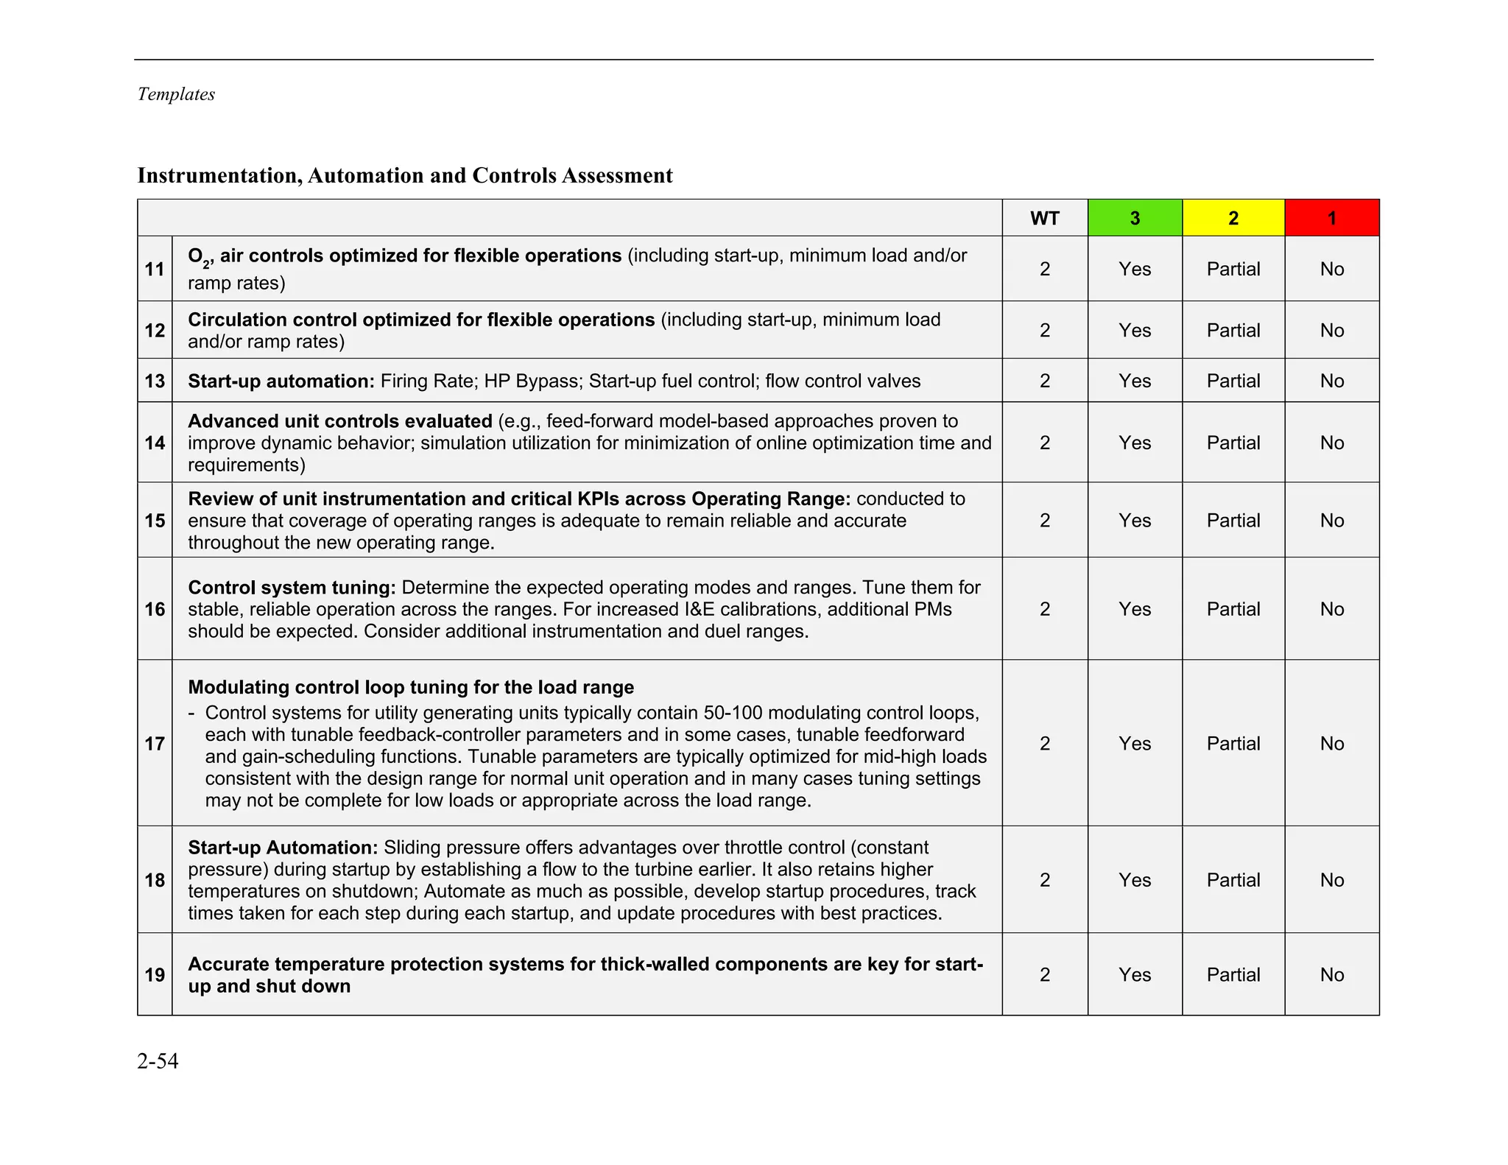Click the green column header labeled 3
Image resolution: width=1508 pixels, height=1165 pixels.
tap(1135, 218)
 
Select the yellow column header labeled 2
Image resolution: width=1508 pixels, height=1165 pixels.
tap(1233, 218)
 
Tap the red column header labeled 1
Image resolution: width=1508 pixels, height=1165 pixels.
tap(1331, 218)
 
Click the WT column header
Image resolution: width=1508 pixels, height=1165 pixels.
tap(1044, 218)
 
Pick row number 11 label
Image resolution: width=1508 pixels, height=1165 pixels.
tap(155, 269)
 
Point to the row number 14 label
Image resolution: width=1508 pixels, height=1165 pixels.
tap(155, 443)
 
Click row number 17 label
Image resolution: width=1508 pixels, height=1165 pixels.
tap(155, 744)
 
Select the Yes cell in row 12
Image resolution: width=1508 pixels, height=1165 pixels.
tap(1135, 331)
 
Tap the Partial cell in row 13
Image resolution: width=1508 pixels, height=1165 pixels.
tap(1233, 381)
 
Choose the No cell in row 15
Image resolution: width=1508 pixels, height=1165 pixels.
tap(1331, 521)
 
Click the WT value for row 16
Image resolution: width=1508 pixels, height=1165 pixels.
tap(1044, 609)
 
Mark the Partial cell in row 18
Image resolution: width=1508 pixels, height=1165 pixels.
tap(1233, 880)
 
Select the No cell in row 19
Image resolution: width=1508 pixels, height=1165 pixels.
tap(1331, 975)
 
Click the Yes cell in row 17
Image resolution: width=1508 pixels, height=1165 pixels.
tap(1135, 744)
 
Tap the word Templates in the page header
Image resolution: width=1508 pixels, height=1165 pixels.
tap(176, 94)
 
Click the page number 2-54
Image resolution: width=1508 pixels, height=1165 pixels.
tap(158, 1061)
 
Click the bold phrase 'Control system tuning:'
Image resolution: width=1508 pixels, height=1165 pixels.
tap(292, 588)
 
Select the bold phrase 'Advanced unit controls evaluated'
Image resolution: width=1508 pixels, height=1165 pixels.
tap(339, 421)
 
